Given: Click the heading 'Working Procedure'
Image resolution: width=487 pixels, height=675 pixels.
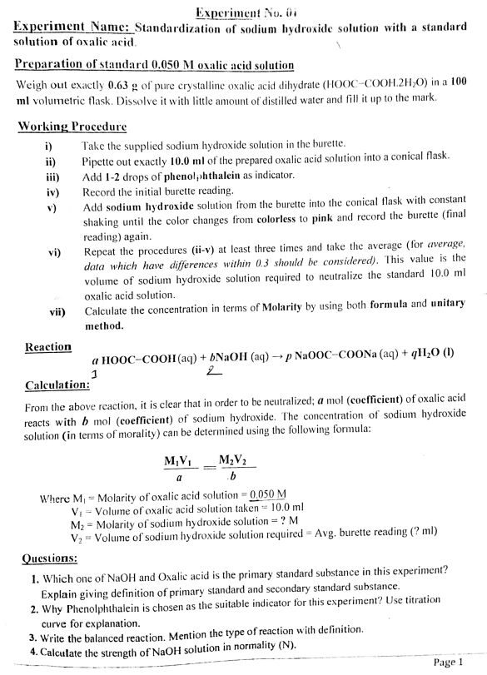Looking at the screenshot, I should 71,127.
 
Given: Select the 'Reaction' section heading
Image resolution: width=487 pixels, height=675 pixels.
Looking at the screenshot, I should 48,346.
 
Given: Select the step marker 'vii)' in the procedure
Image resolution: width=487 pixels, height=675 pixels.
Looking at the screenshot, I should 52,311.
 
